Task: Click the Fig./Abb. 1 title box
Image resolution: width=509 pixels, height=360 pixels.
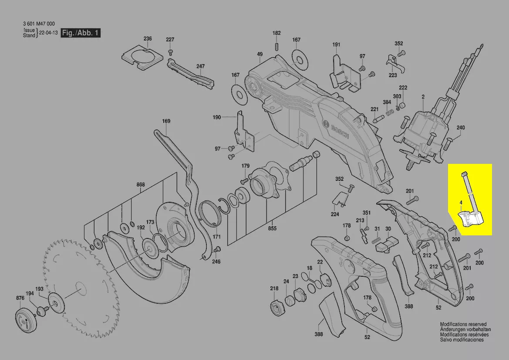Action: (81, 33)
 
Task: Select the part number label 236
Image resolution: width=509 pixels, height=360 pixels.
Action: (148, 39)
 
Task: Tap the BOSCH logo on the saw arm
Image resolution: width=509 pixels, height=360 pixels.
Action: (335, 129)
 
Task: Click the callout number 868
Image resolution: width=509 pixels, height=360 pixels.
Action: (141, 184)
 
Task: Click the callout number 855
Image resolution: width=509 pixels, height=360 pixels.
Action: (273, 228)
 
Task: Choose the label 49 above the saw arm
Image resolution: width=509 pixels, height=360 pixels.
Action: (260, 54)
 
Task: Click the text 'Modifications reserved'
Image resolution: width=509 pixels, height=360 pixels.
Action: (463, 324)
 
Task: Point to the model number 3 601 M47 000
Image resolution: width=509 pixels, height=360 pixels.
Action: (39, 24)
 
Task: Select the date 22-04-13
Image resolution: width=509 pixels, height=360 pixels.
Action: (48, 33)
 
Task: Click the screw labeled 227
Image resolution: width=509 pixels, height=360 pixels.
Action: (170, 52)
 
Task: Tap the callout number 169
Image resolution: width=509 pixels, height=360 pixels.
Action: (166, 121)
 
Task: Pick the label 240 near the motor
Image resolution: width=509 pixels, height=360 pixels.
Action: (461, 128)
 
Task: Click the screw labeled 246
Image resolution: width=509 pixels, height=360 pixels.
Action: (218, 249)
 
